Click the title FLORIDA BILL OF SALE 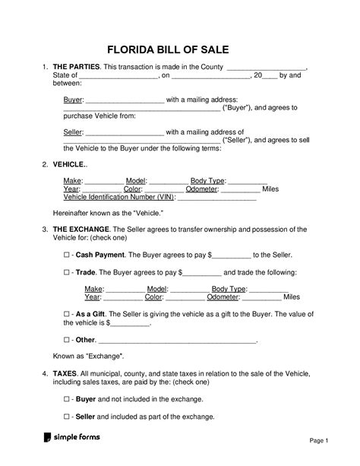click(x=179, y=50)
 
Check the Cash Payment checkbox click(x=67, y=255)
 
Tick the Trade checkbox click(x=67, y=271)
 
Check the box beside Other click(x=67, y=340)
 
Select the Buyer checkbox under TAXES click(x=67, y=398)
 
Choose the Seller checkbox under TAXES click(x=67, y=417)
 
